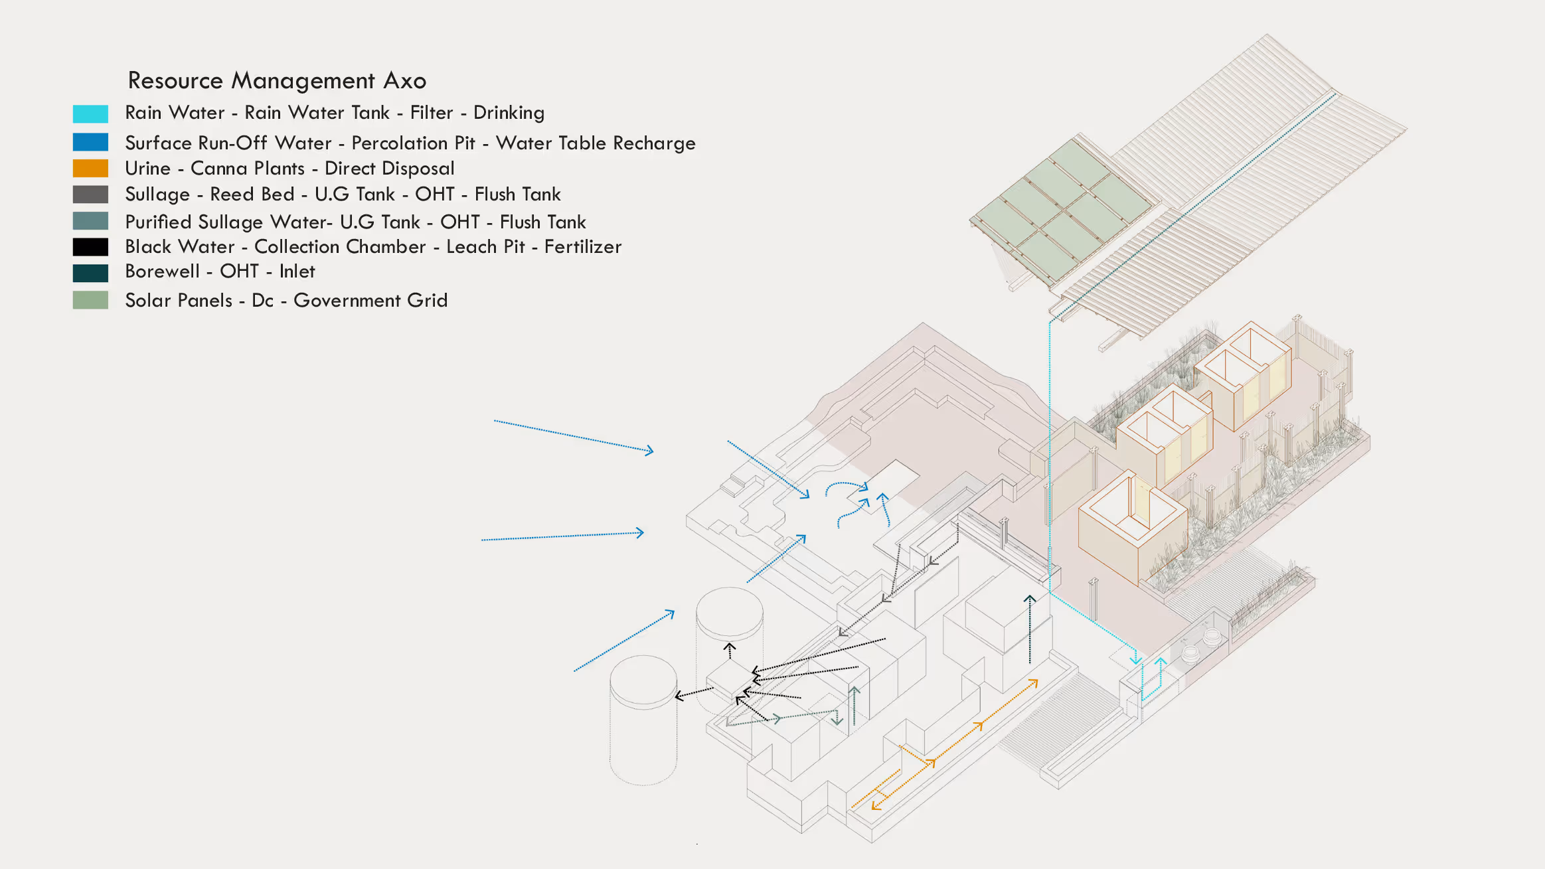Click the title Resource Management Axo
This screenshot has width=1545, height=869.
(277, 80)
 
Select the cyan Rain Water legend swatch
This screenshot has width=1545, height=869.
(90, 114)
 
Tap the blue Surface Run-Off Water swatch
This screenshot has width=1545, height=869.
(90, 142)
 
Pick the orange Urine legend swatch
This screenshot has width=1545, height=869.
(90, 168)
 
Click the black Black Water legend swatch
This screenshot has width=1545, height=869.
(90, 247)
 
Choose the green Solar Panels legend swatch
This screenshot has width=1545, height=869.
(90, 300)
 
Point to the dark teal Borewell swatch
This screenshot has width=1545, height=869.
(90, 273)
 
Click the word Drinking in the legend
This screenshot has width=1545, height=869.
(509, 113)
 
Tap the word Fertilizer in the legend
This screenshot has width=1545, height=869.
(582, 247)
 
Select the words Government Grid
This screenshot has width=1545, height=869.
(370, 300)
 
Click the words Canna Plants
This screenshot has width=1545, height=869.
(247, 169)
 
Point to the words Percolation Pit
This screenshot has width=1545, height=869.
(413, 143)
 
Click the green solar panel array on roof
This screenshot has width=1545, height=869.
(1062, 209)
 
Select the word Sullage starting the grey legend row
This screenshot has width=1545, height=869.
(157, 195)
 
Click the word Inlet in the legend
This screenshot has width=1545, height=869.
(297, 272)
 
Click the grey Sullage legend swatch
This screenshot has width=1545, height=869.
(90, 195)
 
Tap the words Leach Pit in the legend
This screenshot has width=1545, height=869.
(485, 247)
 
